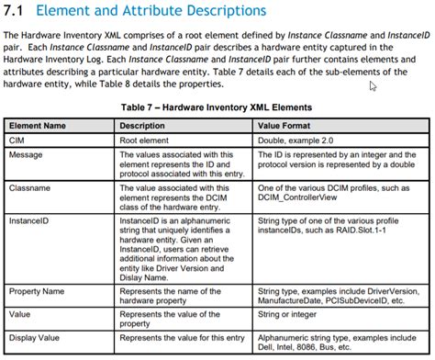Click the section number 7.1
[x=17, y=12]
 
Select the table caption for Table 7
[x=217, y=107]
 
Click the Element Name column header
[x=37, y=125]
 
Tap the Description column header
[x=142, y=125]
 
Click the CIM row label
[x=17, y=140]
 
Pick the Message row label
[x=27, y=155]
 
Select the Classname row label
[x=30, y=187]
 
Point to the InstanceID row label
[x=28, y=221]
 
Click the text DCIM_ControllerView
[x=300, y=198]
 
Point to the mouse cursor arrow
[x=373, y=86]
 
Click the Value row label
[x=21, y=312]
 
